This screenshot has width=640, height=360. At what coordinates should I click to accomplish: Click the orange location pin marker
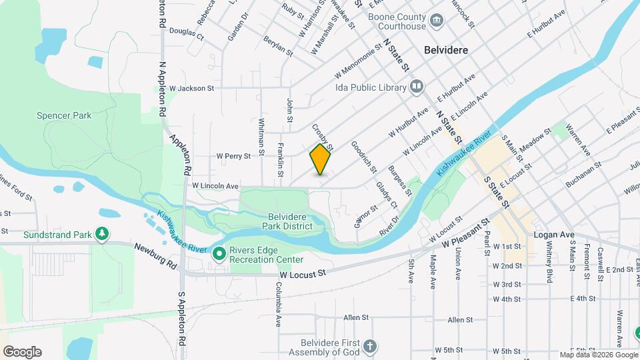(320, 159)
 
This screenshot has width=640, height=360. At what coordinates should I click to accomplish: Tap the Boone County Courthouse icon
(437, 21)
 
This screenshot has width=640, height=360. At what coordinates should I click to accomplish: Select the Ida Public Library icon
(417, 87)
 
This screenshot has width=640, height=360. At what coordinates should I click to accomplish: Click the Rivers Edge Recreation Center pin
(219, 254)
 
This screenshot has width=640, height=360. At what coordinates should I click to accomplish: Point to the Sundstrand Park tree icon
(101, 234)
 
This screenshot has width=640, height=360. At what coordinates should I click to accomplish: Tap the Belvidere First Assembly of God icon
(370, 347)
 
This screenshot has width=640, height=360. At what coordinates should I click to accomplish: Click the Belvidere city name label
(446, 50)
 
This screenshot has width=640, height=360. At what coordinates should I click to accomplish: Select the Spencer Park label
(65, 115)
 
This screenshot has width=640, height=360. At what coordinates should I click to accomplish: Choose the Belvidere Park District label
(290, 221)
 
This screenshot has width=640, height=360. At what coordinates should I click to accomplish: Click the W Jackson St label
(191, 88)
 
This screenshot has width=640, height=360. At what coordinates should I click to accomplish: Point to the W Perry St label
(233, 157)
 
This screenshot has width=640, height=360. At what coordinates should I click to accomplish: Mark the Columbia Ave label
(278, 304)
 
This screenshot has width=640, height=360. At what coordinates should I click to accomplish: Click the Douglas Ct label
(186, 31)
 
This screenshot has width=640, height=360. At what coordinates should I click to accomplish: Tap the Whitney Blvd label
(549, 264)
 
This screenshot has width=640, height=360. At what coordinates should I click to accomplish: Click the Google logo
(22, 352)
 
